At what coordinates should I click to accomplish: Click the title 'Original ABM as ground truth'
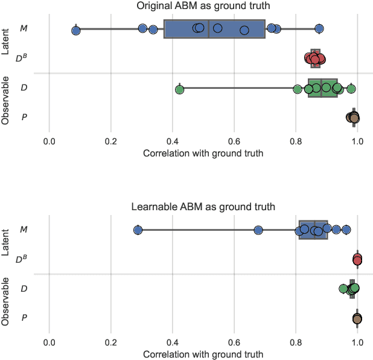(203, 6)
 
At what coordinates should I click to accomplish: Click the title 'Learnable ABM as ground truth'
(203, 207)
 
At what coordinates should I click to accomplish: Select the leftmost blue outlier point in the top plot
(75, 30)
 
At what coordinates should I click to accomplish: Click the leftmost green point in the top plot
(179, 89)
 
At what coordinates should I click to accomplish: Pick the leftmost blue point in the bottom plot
(138, 230)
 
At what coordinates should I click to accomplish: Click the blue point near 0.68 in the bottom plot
(258, 230)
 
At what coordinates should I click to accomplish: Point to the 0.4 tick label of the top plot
(173, 141)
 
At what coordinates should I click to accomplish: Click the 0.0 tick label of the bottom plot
(49, 342)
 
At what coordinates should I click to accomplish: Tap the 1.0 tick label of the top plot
(357, 141)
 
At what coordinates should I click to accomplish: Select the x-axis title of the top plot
(203, 153)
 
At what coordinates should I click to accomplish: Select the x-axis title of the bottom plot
(203, 355)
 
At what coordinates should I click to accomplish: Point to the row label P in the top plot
(24, 117)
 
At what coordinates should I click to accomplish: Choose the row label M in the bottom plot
(24, 230)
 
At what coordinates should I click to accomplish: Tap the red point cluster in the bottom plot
(357, 260)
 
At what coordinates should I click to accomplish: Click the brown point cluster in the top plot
(353, 117)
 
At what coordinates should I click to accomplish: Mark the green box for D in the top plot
(323, 88)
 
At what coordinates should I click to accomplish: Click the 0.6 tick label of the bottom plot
(234, 342)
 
